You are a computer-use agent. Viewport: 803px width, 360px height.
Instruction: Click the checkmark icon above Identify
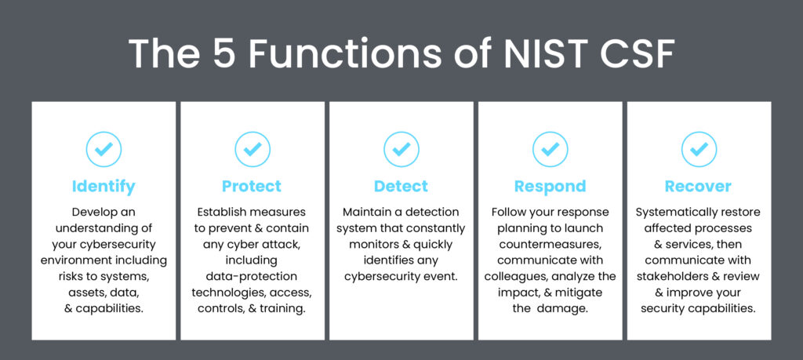104,149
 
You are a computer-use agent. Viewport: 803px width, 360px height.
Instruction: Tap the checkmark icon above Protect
253,149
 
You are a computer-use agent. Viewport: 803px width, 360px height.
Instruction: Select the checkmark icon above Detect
401,149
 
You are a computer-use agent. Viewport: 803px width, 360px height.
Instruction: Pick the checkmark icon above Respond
550,149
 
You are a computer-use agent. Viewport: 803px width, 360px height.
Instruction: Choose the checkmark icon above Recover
699,149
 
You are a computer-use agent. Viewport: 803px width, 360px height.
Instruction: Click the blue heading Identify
104,187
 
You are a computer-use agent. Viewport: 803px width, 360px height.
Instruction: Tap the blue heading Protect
252,186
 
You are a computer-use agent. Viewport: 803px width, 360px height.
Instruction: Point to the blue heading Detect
401,186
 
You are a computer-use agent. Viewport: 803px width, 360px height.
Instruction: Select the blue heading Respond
550,187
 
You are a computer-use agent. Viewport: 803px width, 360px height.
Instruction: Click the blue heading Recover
699,186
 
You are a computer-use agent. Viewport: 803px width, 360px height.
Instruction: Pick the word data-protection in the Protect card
252,277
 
